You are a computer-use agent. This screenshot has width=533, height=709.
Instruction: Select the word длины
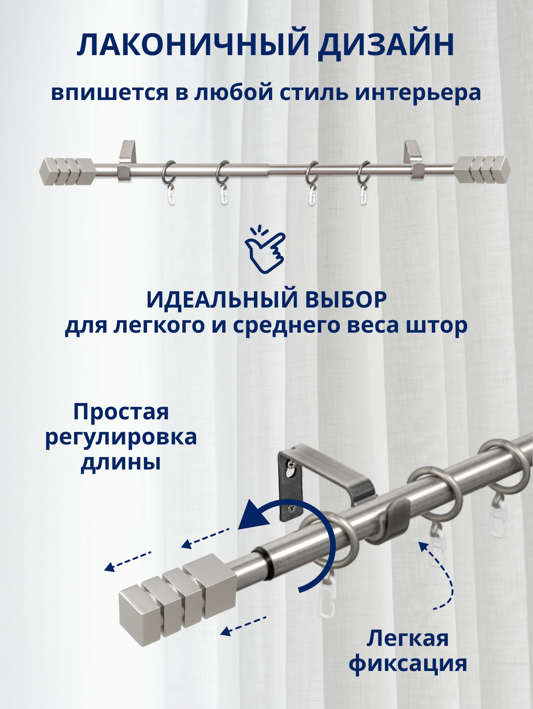[x=121, y=463]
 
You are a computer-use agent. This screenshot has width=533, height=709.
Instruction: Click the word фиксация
[x=408, y=664]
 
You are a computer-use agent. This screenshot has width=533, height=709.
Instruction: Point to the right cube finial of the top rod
[x=482, y=169]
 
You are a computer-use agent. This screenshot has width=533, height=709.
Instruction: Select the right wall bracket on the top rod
[x=413, y=160]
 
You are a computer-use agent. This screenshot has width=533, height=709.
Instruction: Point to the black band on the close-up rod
[x=263, y=563]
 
